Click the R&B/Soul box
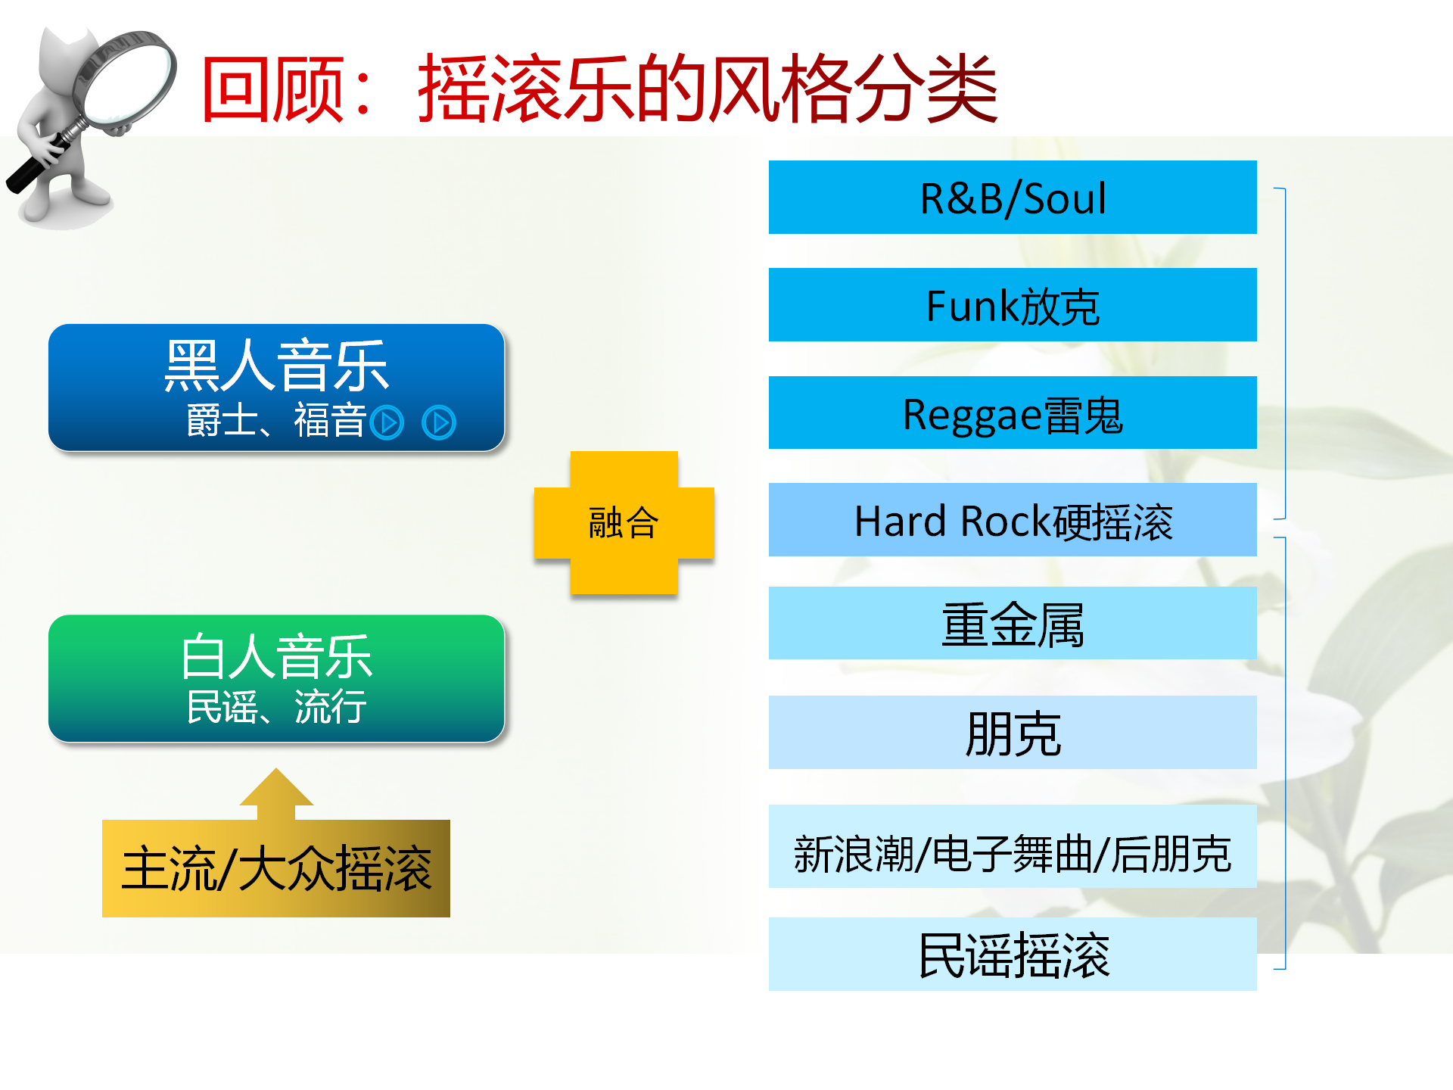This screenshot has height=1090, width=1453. coord(1013,197)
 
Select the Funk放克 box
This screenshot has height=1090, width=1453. coord(1013,304)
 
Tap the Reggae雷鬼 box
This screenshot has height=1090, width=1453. coord(1013,413)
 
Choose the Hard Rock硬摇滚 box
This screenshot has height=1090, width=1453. coord(1013,520)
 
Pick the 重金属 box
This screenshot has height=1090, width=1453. coord(1013,623)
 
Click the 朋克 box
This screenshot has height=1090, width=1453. coord(1013,732)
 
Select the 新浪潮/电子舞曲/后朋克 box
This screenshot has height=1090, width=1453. coord(1013,846)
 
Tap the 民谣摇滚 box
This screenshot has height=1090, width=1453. coord(1013,954)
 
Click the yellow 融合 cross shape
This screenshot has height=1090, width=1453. coord(624,522)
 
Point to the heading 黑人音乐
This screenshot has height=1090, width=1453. coord(277,366)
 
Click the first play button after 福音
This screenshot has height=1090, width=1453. coord(387,422)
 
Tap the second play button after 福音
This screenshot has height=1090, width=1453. coord(439,422)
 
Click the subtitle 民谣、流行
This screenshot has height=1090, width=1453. coord(277,707)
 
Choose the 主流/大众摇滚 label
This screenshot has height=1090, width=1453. coord(276,868)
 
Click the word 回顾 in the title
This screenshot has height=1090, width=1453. coord(273,89)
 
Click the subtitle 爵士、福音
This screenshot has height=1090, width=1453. coord(277,421)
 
